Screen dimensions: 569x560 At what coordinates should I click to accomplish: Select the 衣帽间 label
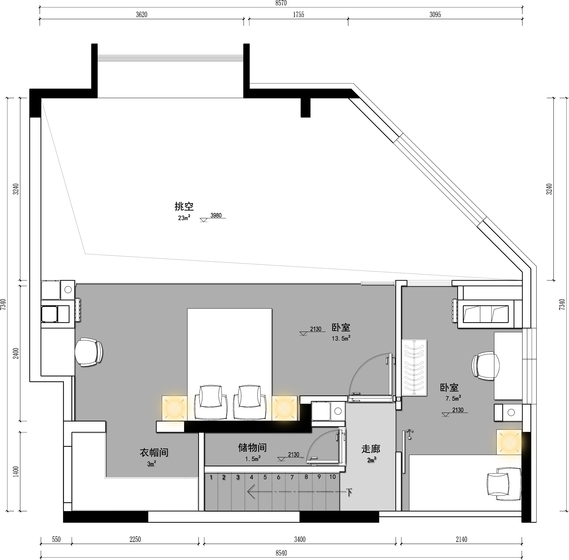coord(154,452)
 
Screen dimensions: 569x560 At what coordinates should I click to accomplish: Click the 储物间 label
coord(252,448)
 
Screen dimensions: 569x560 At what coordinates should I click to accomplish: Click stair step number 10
coord(332,477)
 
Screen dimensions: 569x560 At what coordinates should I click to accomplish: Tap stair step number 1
coord(211,477)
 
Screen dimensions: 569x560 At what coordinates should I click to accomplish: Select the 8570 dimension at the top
coord(281,3)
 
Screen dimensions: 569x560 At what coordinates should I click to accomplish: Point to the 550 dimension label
coord(56,539)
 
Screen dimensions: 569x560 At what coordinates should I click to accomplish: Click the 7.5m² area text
coord(453,398)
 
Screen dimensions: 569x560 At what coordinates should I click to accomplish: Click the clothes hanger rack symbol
coord(414,368)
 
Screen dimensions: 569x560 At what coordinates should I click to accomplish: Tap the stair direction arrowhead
coord(251,492)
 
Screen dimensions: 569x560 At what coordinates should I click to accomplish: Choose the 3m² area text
coord(152,464)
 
